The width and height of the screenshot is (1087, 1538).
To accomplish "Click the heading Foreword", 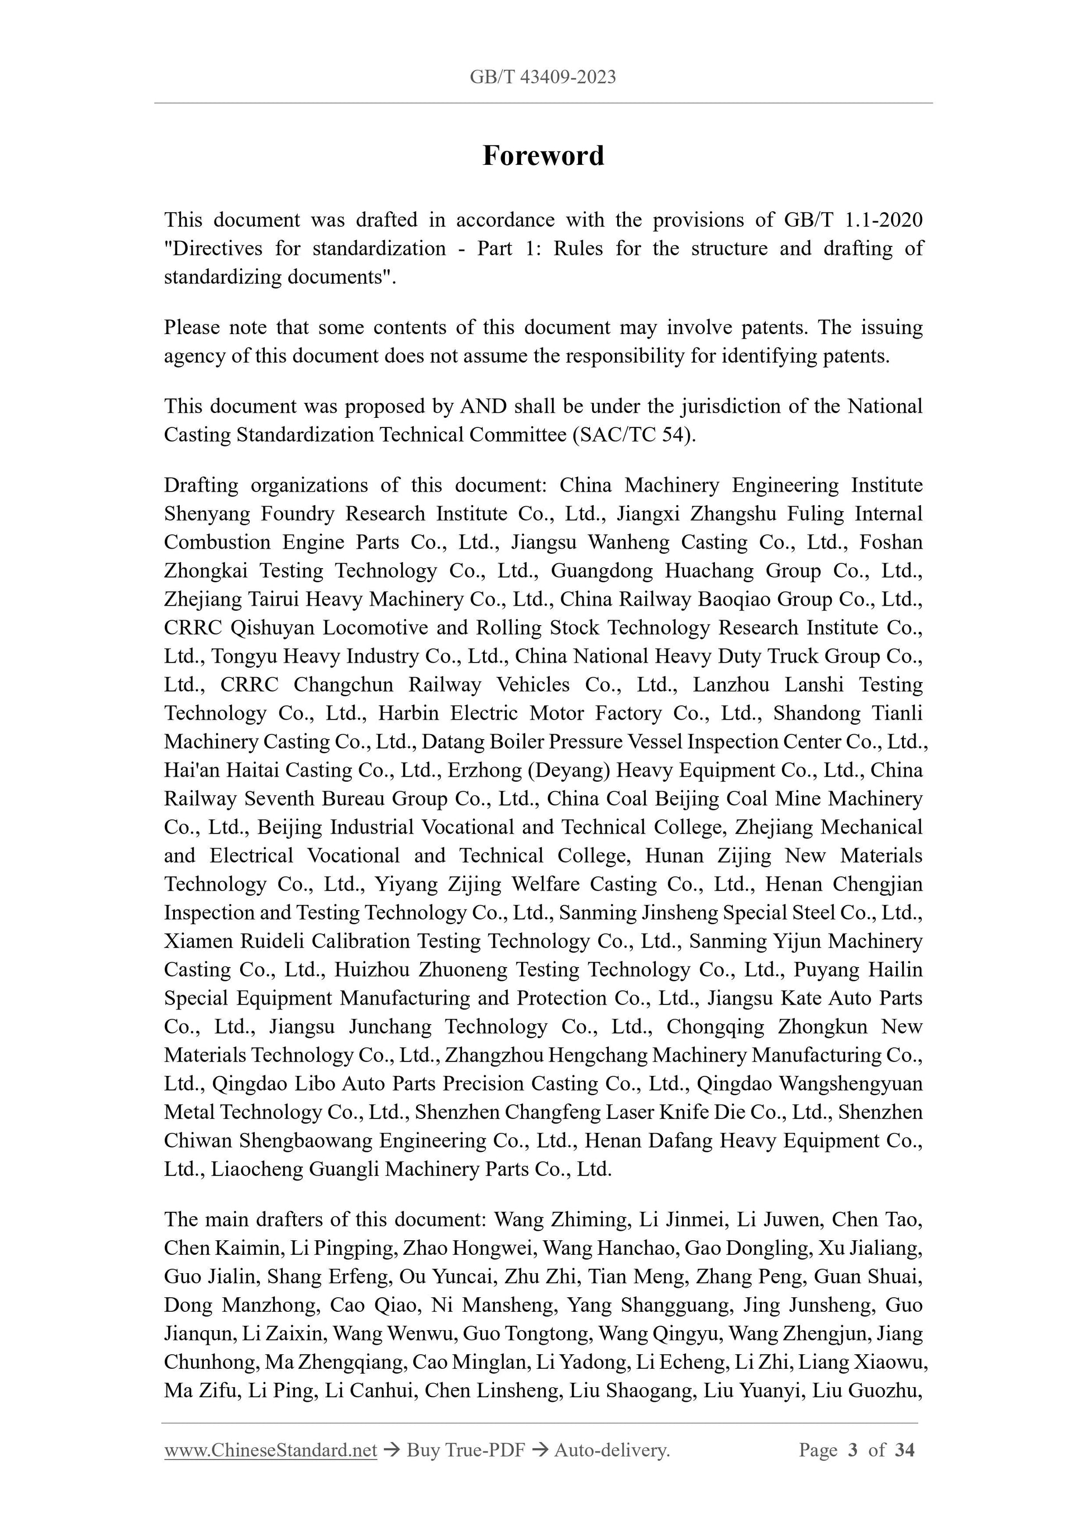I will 543,155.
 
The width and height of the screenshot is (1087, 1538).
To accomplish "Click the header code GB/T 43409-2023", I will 542,77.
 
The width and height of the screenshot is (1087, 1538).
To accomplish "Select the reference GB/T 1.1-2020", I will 852,220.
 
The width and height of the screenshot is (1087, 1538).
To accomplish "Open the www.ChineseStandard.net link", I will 270,1450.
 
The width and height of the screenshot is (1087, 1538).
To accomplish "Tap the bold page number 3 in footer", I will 852,1450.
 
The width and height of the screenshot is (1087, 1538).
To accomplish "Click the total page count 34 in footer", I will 904,1450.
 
